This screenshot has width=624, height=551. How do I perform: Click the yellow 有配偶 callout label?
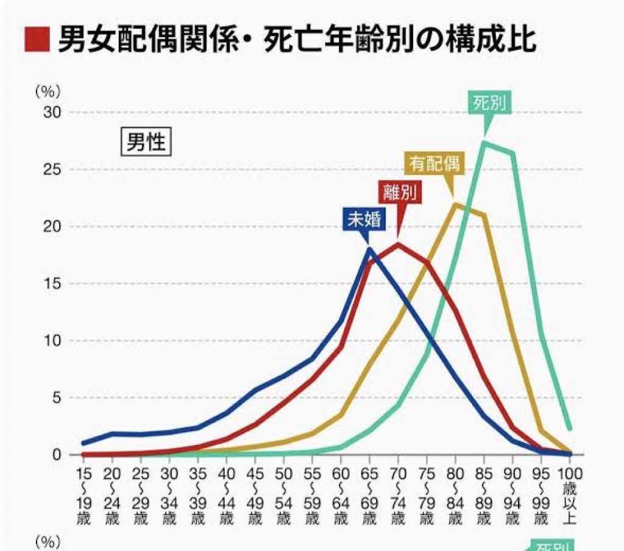433,163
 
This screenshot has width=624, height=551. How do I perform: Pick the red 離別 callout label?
400,192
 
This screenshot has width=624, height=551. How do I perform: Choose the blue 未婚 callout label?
364,220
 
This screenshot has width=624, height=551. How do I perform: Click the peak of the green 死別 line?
484,143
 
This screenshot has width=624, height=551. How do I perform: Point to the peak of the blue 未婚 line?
369,248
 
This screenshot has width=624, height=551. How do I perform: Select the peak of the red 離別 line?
398,244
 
